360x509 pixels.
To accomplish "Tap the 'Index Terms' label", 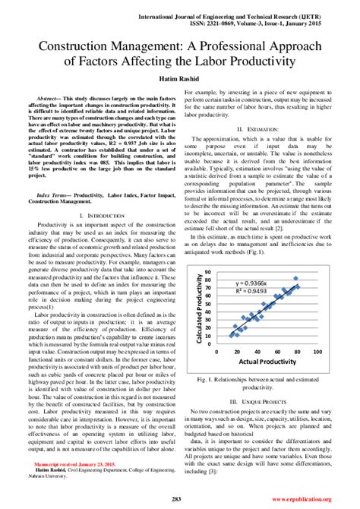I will point(50,194).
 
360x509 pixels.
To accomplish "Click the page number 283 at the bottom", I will point(179,498).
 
